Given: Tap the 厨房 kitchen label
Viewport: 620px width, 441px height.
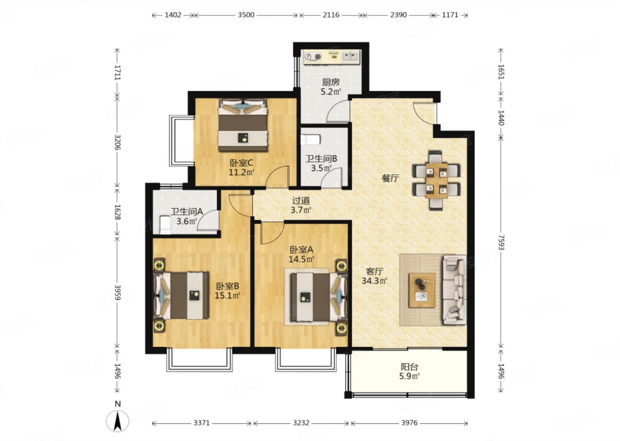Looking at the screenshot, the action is tap(331, 83).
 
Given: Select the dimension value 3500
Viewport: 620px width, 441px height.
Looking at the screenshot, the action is tap(246, 15).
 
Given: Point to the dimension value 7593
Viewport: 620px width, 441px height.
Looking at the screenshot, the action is tap(501, 242).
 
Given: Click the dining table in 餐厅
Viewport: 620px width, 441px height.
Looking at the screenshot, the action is tap(437, 181).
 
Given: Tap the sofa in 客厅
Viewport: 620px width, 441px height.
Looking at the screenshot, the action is tap(455, 290).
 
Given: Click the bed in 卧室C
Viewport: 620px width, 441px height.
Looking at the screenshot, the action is tap(243, 125).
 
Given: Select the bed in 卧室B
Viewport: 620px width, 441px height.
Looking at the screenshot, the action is tap(181, 295).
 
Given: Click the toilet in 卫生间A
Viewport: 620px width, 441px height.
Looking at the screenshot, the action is tap(165, 225).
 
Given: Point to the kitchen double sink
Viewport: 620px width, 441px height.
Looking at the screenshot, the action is tap(350, 57).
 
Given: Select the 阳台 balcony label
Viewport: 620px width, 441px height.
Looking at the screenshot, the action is tap(409, 367).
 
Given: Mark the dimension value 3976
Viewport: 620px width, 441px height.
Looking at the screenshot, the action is tap(409, 423).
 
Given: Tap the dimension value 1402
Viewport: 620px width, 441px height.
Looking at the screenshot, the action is tap(173, 15).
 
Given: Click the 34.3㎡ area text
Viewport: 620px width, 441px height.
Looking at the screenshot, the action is tap(374, 281).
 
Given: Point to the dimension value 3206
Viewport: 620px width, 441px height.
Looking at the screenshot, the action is tap(118, 142).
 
